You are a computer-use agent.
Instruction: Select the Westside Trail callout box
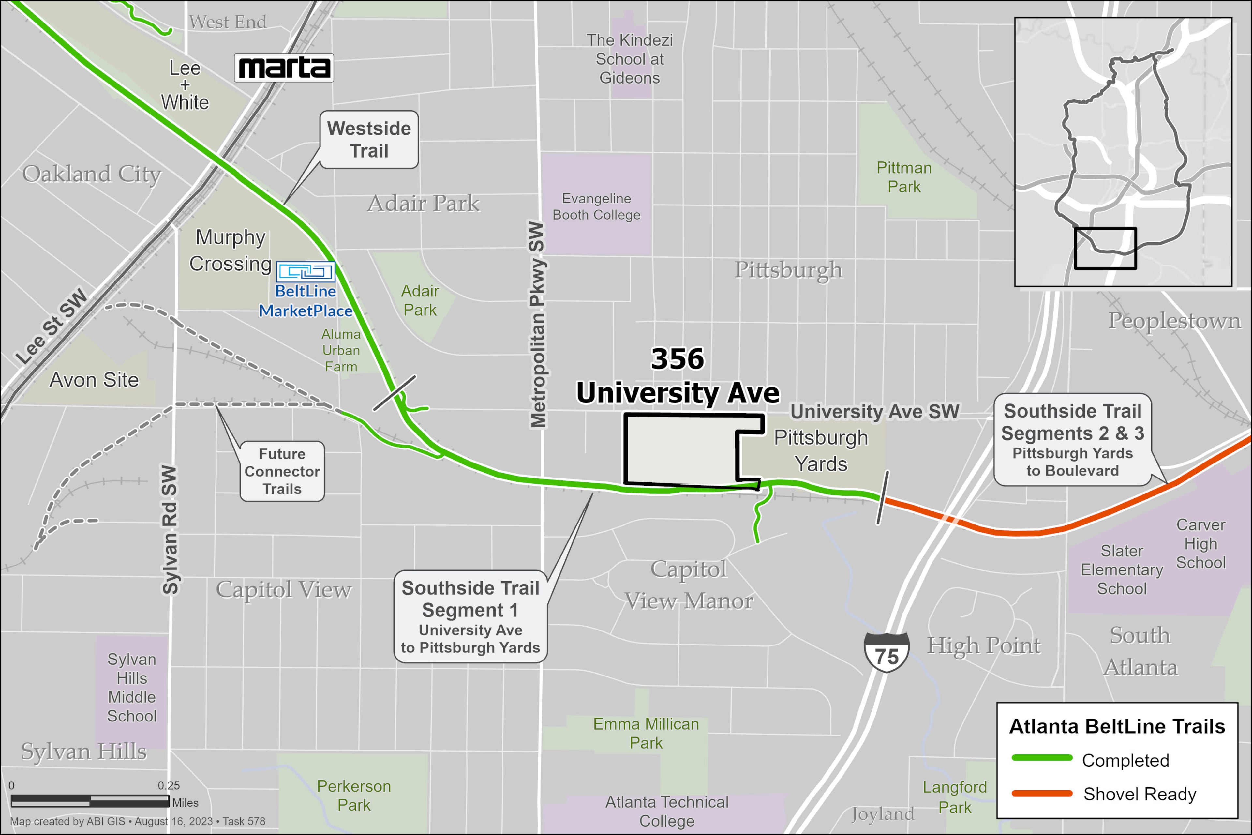coord(369,140)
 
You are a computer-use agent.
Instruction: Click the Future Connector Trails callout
coord(282,471)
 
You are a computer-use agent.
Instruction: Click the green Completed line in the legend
coord(1042,758)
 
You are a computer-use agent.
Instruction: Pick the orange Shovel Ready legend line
coord(1042,794)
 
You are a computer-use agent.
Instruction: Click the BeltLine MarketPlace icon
coord(306,272)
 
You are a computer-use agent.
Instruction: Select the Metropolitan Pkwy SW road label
coord(538,325)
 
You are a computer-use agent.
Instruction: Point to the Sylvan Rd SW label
coord(169,530)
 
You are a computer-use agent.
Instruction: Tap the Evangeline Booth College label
coord(596,206)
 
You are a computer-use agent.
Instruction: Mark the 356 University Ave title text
coord(678,376)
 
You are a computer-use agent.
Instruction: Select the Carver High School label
coord(1200,544)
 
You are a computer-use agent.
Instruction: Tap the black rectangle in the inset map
coord(1105,249)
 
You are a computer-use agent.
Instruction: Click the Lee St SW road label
coord(51,326)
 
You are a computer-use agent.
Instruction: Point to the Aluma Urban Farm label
coord(341,350)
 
